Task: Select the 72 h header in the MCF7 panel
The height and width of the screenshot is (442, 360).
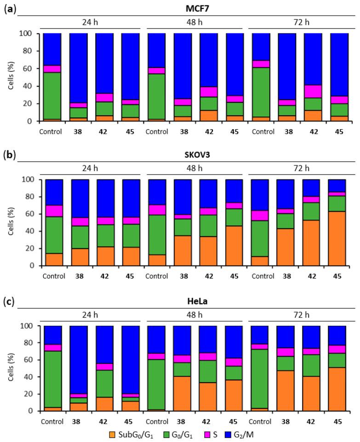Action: click(299, 23)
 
